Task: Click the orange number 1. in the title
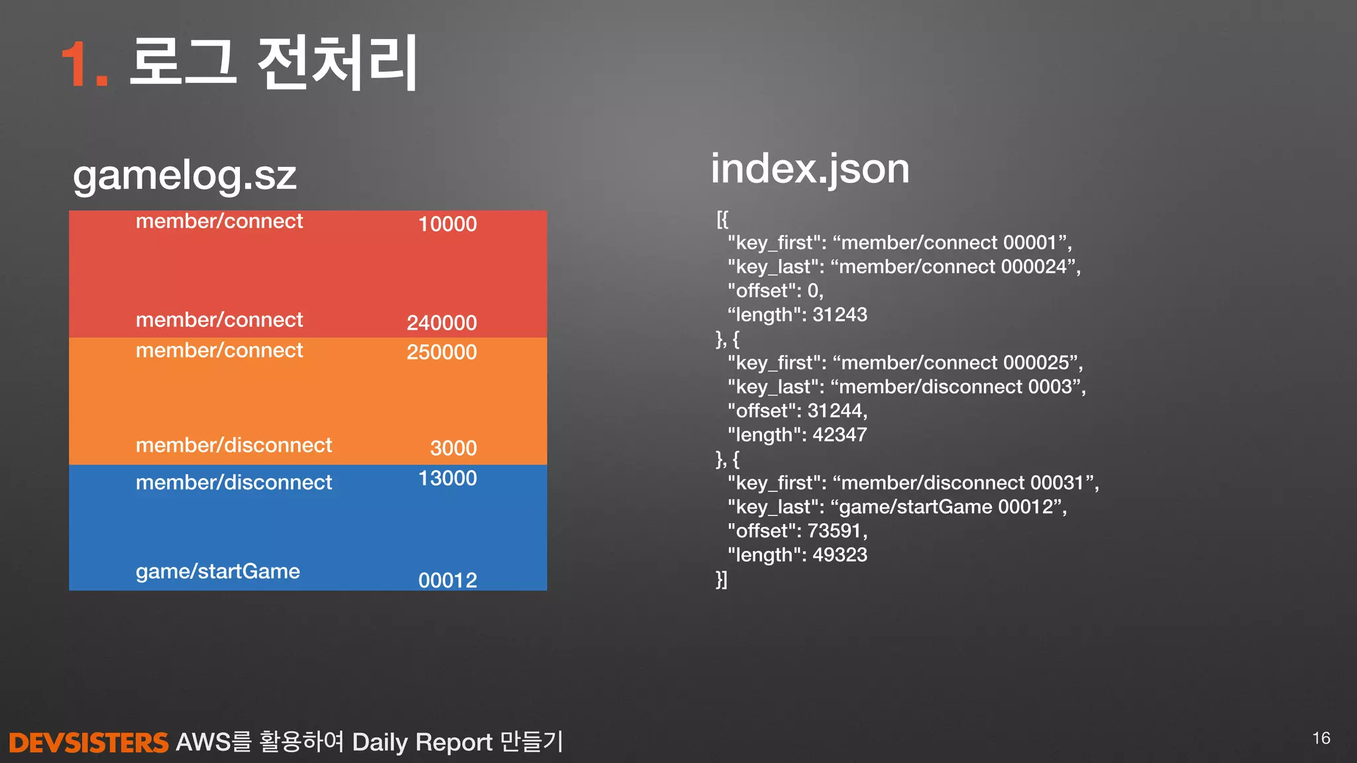(x=84, y=64)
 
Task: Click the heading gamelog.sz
(x=184, y=176)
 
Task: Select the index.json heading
(x=810, y=169)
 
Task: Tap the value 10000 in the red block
(x=447, y=224)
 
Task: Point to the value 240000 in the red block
(x=441, y=323)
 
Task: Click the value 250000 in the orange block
(x=441, y=352)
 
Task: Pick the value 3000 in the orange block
(x=453, y=448)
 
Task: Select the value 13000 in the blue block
(x=447, y=478)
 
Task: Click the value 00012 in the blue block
(x=447, y=580)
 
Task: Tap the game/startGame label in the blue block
(x=217, y=571)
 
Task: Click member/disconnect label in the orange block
(x=233, y=445)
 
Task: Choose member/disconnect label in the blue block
(x=233, y=482)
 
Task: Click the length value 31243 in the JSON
(x=840, y=315)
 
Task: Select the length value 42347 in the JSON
(x=840, y=434)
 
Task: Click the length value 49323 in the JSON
(x=840, y=554)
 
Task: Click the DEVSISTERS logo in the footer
(x=89, y=742)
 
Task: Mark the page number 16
(x=1321, y=738)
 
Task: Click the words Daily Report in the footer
(x=422, y=742)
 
